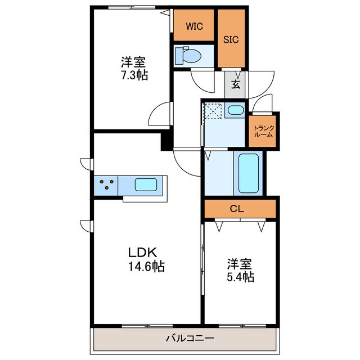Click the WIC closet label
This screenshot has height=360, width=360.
coord(194,26)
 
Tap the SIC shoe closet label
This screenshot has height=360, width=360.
coord(231,40)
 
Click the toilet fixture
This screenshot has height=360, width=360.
coord(188,55)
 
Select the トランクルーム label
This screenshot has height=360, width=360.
coord(264,131)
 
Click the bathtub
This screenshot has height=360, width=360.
coord(248,173)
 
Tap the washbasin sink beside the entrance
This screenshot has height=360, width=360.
coord(236,110)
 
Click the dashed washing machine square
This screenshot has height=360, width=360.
coord(213,111)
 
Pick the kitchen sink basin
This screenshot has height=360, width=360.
coord(146,185)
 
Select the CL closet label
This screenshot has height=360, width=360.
coord(237,209)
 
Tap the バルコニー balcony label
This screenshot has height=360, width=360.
coord(190,338)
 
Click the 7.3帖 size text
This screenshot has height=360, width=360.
coord(134,75)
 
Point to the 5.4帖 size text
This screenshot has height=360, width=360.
coord(240,277)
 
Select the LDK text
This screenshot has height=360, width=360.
coord(142,253)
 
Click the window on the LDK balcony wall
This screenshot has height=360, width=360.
coord(147,326)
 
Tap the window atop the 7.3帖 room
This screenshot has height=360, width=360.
coord(132,7)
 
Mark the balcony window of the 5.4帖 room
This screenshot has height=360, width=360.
coord(242,326)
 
